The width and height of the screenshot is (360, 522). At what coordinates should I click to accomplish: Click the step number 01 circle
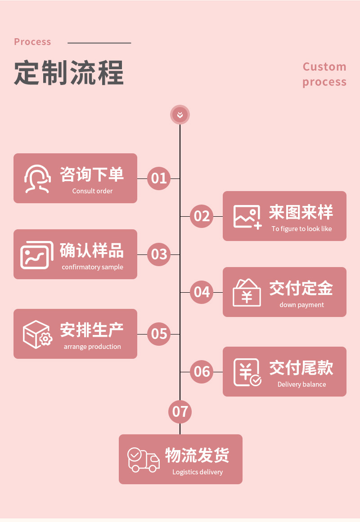[x=159, y=178]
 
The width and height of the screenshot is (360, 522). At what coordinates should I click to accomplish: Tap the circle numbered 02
[x=202, y=216]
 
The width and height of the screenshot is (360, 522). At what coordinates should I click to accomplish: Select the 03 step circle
[x=159, y=254]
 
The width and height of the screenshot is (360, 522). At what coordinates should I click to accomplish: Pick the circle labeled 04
[x=202, y=292]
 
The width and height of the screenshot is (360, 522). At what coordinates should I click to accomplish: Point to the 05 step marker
[x=159, y=334]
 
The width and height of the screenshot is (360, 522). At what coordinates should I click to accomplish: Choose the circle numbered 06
[x=202, y=372]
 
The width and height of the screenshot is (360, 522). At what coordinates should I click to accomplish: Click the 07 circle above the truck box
[x=180, y=411]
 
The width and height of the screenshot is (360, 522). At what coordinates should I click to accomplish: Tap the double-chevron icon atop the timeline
[x=180, y=115]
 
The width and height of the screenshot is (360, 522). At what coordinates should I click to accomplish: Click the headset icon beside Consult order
[x=37, y=178]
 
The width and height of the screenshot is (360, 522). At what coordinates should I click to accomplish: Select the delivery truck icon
[x=144, y=460]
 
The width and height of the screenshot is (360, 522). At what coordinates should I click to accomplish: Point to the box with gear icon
[x=37, y=334]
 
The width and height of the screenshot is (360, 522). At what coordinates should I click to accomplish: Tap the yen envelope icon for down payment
[x=247, y=293]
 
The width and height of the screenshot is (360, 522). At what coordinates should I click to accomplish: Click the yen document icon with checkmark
[x=247, y=372]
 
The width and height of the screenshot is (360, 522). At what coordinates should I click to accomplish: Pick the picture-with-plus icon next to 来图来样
[x=247, y=217]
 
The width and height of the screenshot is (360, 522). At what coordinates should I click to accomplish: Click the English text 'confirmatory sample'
[x=92, y=267]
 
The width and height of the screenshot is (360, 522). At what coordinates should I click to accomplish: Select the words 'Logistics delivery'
[x=198, y=472]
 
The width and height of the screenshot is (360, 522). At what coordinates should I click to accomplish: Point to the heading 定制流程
[x=69, y=72]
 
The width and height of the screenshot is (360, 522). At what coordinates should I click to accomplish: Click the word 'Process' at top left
[x=32, y=42]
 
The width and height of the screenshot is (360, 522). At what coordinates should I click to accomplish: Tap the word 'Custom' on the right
[x=324, y=67]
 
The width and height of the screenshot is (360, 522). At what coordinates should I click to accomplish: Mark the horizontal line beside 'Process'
[x=99, y=43]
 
